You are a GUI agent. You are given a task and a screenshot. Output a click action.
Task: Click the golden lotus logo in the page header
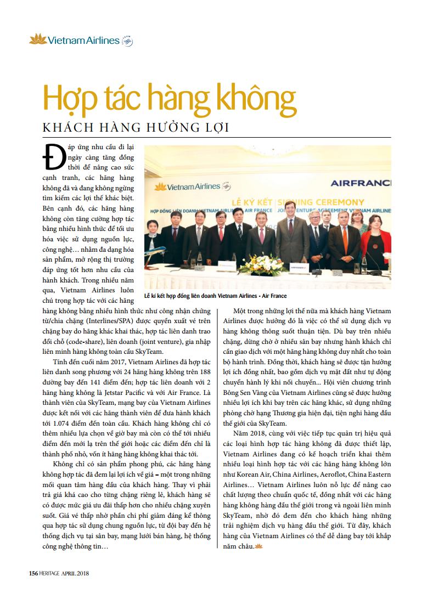(37, 39)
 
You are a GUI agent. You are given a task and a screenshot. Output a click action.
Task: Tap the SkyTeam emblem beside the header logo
(127, 40)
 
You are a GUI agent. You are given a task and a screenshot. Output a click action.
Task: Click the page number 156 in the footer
(33, 574)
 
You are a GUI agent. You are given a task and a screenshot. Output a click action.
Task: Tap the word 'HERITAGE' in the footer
(53, 574)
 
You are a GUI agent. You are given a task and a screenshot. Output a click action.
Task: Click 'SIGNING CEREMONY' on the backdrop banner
(335, 200)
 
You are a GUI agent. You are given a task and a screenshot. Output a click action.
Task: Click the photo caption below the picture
(215, 295)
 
